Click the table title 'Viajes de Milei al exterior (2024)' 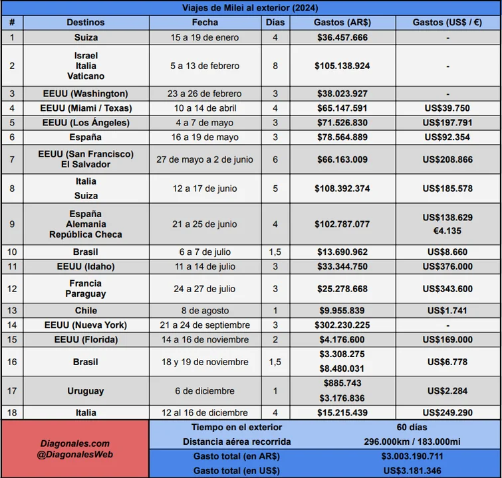coord(251,8)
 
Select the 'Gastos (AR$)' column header coord(342,23)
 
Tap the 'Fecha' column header coord(205,23)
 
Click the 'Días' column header coord(275,23)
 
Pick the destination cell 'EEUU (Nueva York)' coord(86,325)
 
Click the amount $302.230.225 coord(342,325)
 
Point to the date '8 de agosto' coord(205,311)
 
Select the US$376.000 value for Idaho coord(447,267)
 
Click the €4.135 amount coord(447,231)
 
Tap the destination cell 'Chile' coord(86,311)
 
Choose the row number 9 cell coord(12,224)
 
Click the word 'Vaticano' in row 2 coord(86,76)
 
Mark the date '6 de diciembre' coord(205,391)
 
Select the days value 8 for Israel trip coord(275,66)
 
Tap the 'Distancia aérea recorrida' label coord(237,442)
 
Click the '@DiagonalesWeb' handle coord(74,455)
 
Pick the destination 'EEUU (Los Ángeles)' coord(86,123)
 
